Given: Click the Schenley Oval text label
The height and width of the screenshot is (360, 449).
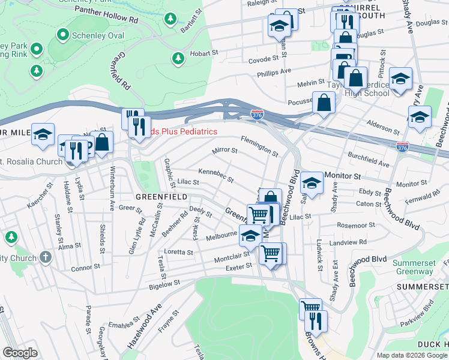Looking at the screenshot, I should point(98,35).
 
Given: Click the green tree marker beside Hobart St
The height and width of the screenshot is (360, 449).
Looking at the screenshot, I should point(178,58).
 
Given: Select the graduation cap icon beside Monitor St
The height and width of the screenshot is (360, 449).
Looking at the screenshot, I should point(311,181).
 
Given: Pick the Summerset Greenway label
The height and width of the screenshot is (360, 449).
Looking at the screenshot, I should point(413,267).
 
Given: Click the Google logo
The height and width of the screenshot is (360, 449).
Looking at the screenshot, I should point(20,353).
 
